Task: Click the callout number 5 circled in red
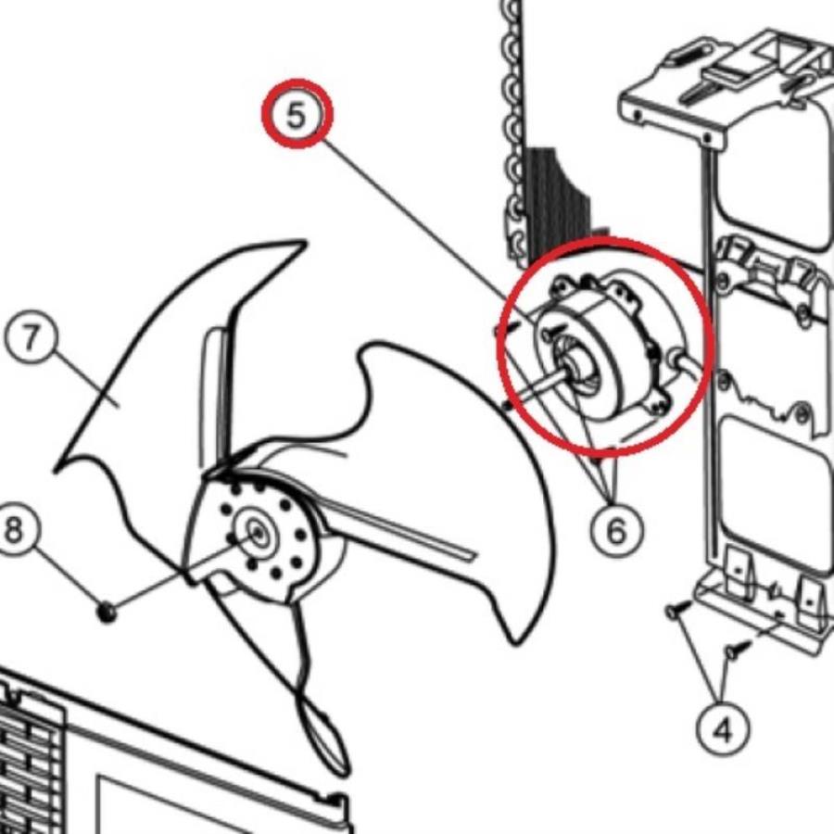(297, 113)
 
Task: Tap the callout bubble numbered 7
(30, 337)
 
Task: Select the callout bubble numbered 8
(13, 530)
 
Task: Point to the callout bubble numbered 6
(616, 529)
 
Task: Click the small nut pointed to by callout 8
(107, 613)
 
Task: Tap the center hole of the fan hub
(258, 533)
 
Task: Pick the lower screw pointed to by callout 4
(739, 650)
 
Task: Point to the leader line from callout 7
(85, 380)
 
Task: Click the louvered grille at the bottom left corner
(32, 766)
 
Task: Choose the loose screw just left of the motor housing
(505, 329)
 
